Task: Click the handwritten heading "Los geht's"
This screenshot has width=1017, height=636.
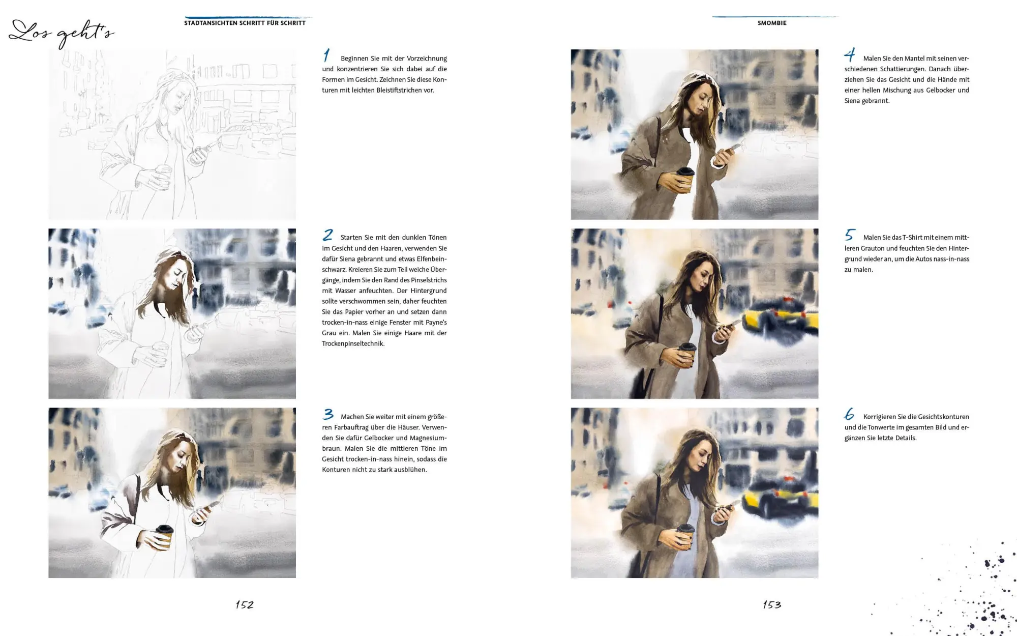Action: [61, 34]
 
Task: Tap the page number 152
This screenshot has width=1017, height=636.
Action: [245, 604]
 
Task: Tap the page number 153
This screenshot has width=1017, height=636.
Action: [772, 604]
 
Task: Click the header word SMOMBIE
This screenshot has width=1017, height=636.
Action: [772, 23]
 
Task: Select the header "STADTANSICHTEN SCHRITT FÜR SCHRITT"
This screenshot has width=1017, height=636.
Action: [245, 23]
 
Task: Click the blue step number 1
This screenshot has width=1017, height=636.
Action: [327, 55]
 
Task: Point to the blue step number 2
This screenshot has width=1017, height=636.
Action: [328, 235]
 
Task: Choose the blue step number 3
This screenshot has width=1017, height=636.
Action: [328, 414]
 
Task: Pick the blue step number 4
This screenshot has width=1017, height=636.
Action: [850, 54]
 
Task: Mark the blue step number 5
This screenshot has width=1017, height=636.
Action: [850, 235]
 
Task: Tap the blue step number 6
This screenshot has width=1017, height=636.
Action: [849, 414]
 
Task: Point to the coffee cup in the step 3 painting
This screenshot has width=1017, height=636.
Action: [164, 537]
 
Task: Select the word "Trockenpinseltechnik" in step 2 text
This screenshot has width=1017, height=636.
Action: [353, 344]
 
